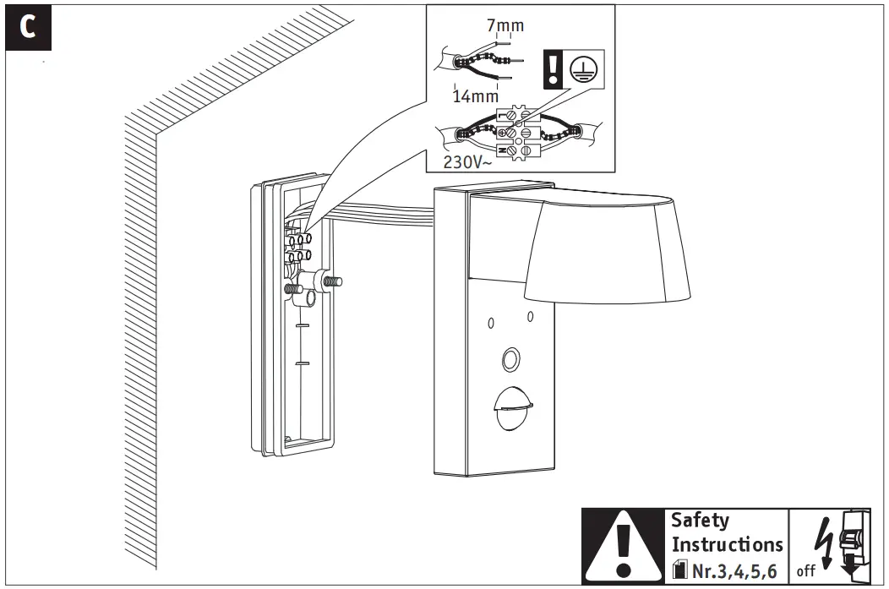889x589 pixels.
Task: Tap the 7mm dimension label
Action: point(505,25)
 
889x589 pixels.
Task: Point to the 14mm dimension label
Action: point(475,95)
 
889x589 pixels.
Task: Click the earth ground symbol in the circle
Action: point(579,70)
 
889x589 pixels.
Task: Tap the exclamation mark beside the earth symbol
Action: point(551,71)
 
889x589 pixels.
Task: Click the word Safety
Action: point(699,521)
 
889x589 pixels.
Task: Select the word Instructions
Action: point(727,545)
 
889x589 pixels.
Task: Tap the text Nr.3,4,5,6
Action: point(734,570)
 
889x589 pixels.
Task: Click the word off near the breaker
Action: point(805,571)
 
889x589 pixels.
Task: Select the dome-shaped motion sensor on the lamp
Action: point(510,410)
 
